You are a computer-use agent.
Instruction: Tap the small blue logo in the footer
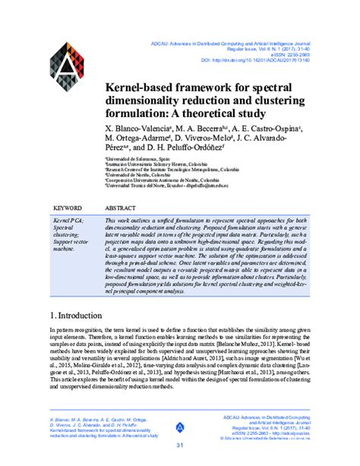pyautogui.click(x=179, y=427)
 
